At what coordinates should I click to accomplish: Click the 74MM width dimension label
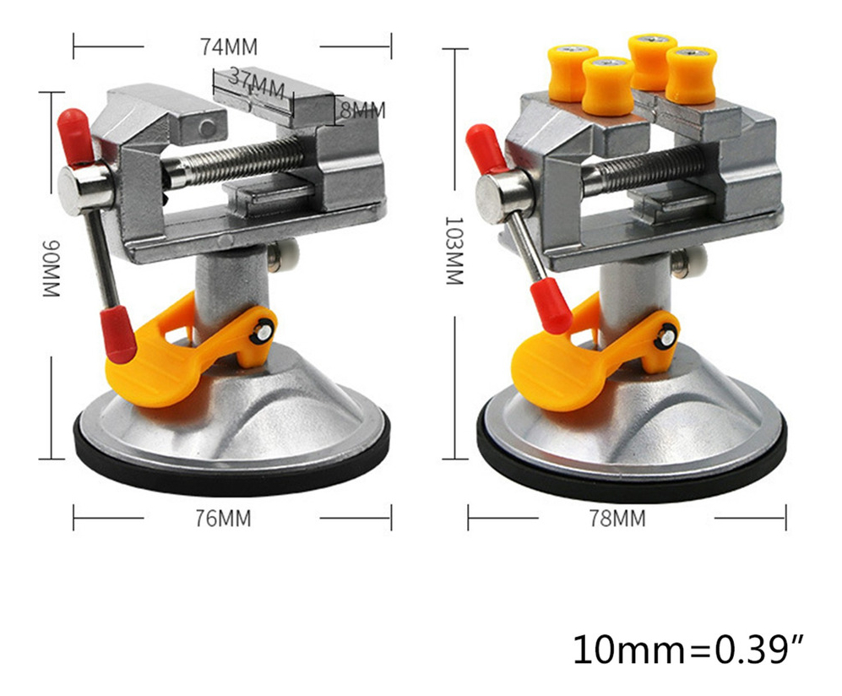point(229,46)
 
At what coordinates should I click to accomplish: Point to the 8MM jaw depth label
point(362,110)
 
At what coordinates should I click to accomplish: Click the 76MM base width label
point(223,519)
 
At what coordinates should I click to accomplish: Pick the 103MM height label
point(454,251)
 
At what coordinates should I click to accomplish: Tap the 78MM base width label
point(617,519)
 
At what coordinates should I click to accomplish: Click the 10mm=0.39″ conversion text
point(689,650)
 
